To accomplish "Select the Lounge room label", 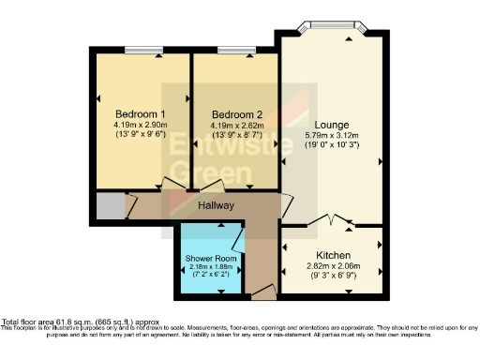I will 332,124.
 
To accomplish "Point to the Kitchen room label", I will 333,255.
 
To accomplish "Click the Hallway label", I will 215,205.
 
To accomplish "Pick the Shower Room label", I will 211,258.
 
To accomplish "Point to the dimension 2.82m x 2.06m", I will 333,267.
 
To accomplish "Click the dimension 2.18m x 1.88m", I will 211,266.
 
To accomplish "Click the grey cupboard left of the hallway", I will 110,206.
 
